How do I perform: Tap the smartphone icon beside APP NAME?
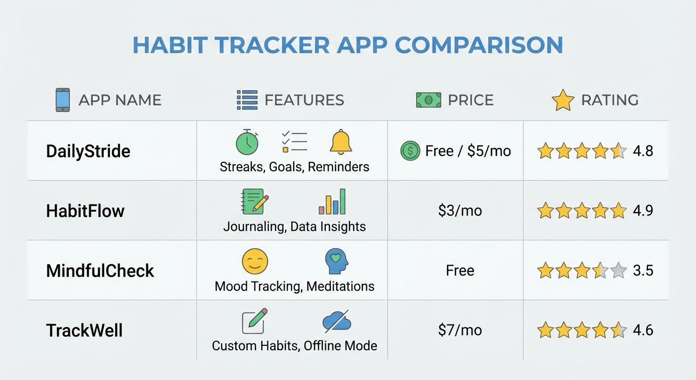pyautogui.click(x=62, y=100)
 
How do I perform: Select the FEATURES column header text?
pyautogui.click(x=304, y=100)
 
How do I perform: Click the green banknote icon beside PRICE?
pyautogui.click(x=428, y=100)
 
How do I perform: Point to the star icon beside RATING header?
pyautogui.click(x=563, y=100)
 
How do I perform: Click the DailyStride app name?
pyautogui.click(x=88, y=151)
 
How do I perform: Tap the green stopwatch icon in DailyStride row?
pyautogui.click(x=247, y=142)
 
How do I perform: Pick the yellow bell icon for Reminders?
pyautogui.click(x=341, y=142)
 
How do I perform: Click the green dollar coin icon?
pyautogui.click(x=410, y=151)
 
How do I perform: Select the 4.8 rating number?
pyautogui.click(x=643, y=151)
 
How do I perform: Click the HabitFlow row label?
pyautogui.click(x=85, y=211)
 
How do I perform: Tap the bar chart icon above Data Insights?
pyautogui.click(x=332, y=201)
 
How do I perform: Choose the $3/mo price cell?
pyautogui.click(x=460, y=211)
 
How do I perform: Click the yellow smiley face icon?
pyautogui.click(x=255, y=261)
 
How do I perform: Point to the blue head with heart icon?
pyautogui.click(x=337, y=261)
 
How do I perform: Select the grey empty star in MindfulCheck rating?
pyautogui.click(x=618, y=271)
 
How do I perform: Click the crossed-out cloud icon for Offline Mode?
pyautogui.click(x=337, y=322)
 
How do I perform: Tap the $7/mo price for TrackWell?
pyautogui.click(x=460, y=330)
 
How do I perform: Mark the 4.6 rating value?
pyautogui.click(x=643, y=330)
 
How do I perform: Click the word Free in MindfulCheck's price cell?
pyautogui.click(x=460, y=271)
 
